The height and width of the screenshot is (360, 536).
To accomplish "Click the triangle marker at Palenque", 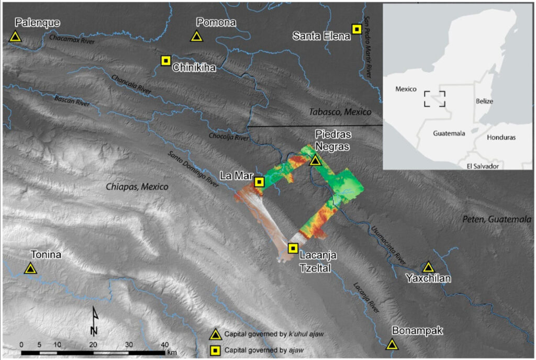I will point(15,37).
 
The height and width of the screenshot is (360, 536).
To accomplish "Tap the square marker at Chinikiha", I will point(165,61).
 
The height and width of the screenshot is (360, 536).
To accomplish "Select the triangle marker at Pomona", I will point(196,37).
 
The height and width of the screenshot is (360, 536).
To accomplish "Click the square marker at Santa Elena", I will point(357,29).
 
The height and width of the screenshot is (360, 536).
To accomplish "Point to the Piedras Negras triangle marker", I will point(315,161).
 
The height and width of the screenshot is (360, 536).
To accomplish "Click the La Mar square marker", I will point(259,182).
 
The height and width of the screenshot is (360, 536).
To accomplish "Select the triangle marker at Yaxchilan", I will point(429,267).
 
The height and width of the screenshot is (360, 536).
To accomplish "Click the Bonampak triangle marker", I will point(392,344).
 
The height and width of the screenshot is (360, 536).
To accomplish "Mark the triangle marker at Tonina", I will point(30,269).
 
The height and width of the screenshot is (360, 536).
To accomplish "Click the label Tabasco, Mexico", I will point(340,112).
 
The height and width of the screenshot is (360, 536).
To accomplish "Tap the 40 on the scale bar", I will point(164,345).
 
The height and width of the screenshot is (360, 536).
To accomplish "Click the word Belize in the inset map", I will point(485,101).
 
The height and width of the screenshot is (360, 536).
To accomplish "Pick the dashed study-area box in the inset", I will point(434,98).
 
